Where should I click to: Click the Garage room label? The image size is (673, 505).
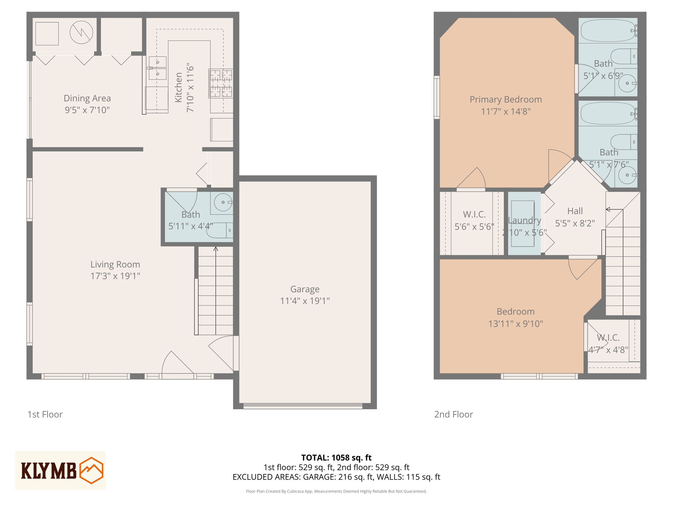click(x=305, y=289)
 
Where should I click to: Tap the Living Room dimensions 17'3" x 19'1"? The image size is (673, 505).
click(x=115, y=276)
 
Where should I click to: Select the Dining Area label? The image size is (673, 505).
click(x=87, y=98)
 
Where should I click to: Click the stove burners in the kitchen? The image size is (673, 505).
click(x=221, y=84)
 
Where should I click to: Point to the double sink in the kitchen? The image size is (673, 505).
click(x=157, y=68)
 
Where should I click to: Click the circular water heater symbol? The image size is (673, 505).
click(x=81, y=33)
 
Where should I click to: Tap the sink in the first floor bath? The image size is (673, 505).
click(x=223, y=202)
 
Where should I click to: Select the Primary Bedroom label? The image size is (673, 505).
click(x=505, y=99)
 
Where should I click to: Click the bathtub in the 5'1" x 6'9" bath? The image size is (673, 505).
click(x=608, y=31)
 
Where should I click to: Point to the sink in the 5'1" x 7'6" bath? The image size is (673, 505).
click(x=627, y=175)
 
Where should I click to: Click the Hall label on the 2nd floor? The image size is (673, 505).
click(x=575, y=211)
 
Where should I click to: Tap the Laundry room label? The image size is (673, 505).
click(x=524, y=220)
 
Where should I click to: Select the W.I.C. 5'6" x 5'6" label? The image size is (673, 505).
click(x=474, y=214)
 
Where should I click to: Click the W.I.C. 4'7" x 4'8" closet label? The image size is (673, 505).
click(x=608, y=338)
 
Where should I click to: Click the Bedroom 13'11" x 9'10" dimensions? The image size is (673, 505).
click(x=515, y=324)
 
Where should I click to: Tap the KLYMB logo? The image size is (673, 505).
click(x=60, y=470)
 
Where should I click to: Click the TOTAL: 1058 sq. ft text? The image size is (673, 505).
click(x=336, y=458)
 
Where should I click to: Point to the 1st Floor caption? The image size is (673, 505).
click(x=45, y=414)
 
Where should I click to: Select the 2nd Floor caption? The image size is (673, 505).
click(x=453, y=414)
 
